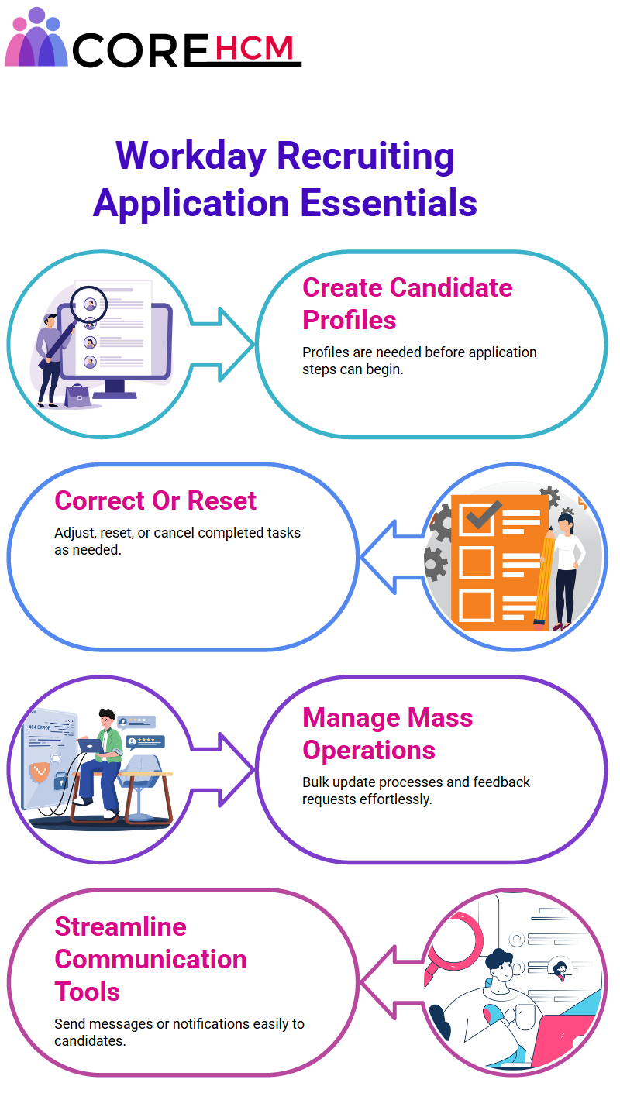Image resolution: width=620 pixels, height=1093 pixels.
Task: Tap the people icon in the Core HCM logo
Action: (36, 38)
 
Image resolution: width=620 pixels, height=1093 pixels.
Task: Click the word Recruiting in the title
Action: (366, 156)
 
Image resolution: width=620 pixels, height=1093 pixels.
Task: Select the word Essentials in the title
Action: (388, 203)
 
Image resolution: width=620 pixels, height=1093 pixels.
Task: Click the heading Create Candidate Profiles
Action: (407, 304)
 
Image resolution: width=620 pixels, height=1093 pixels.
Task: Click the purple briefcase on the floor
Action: (77, 396)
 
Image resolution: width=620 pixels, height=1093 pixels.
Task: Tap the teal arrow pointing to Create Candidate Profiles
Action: (222, 344)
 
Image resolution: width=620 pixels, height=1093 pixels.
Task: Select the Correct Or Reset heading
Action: (155, 500)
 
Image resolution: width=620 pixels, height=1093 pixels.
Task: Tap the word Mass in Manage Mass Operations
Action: (440, 718)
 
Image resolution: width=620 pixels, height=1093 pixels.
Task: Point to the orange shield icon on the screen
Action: (40, 772)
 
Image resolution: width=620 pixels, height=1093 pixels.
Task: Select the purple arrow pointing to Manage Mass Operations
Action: (222, 769)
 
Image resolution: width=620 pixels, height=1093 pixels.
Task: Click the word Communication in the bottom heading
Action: (151, 959)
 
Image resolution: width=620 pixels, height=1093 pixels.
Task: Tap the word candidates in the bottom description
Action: (90, 1041)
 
